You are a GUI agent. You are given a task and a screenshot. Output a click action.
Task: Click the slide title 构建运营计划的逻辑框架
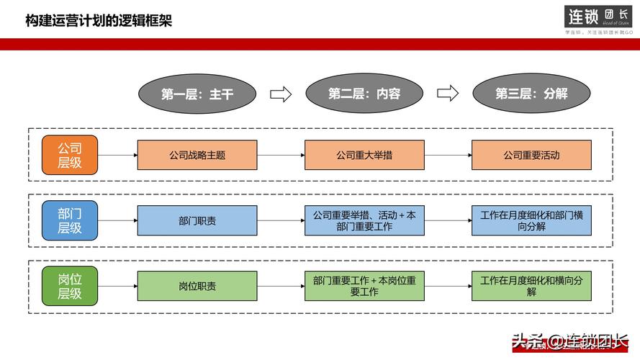tap(99, 20)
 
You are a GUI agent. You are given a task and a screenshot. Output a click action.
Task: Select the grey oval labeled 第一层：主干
tap(197, 94)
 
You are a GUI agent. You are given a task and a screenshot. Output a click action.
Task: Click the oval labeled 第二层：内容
tap(364, 94)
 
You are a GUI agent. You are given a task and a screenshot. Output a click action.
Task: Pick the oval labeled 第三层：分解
tap(531, 94)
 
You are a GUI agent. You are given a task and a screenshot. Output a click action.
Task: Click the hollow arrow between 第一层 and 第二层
tap(280, 94)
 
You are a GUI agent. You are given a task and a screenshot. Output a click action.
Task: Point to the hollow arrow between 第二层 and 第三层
tap(448, 94)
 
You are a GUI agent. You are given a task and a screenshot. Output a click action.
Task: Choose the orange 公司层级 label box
tap(70, 155)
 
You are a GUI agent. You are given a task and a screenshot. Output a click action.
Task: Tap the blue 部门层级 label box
tap(70, 220)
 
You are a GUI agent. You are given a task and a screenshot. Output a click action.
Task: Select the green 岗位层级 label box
tap(70, 286)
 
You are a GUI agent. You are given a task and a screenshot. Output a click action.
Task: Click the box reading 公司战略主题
tap(197, 155)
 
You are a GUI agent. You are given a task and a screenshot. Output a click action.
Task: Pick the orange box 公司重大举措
tap(364, 155)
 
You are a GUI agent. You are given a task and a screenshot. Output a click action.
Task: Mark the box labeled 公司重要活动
tap(531, 155)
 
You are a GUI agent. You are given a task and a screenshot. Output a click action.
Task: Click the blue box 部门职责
tap(197, 220)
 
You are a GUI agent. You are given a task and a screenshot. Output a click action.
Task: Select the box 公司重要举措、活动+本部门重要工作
tap(364, 220)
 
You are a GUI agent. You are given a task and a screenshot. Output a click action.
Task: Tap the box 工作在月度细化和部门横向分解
tap(531, 220)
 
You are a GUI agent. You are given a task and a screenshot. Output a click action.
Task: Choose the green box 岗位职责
tap(197, 286)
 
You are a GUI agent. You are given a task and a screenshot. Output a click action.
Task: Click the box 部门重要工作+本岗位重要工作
tap(364, 286)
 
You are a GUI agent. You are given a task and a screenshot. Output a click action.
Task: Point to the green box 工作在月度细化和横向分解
tap(531, 286)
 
